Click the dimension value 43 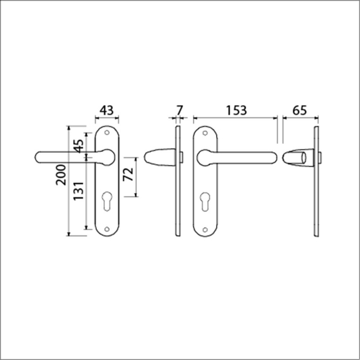tap(106, 111)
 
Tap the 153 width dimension tap(237, 111)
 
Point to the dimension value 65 tap(299, 111)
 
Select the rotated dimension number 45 tap(78, 147)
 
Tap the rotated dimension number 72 tap(128, 175)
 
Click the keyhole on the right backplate tap(206, 200)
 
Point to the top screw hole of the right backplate tap(206, 135)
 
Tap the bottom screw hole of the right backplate tap(206, 228)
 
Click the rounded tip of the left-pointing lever tap(37, 157)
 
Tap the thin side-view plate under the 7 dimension tap(177, 182)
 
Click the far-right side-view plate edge tap(316, 182)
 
